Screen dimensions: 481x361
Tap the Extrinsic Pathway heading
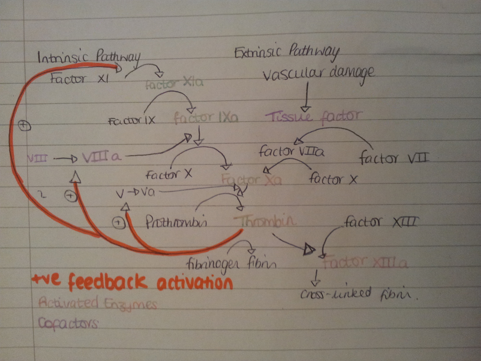287,53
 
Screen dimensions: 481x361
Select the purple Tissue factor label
313,116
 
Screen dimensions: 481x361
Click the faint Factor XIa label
174,84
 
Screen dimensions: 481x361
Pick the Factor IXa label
206,118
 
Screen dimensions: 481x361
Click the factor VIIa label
291,151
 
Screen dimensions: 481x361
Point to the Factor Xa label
251,180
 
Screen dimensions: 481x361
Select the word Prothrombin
176,222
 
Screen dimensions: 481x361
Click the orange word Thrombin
265,221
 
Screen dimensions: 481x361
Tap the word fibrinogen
213,264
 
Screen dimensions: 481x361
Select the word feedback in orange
107,282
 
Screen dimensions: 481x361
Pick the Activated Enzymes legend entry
97,303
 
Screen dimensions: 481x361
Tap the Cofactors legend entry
68,323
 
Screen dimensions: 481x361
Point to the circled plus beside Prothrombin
119,223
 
